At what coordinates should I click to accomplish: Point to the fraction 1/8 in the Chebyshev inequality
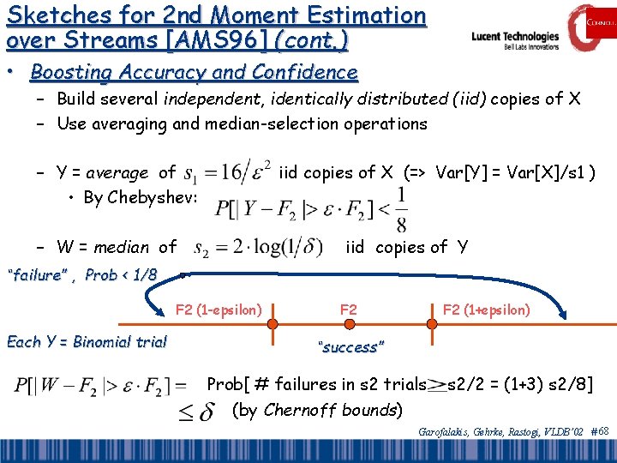click(x=401, y=209)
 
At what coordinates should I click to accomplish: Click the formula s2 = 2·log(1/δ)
click(x=259, y=249)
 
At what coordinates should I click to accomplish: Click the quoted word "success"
click(x=350, y=347)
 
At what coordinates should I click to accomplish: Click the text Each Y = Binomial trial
click(x=87, y=342)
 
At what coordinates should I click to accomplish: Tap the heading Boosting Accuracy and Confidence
click(x=194, y=72)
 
